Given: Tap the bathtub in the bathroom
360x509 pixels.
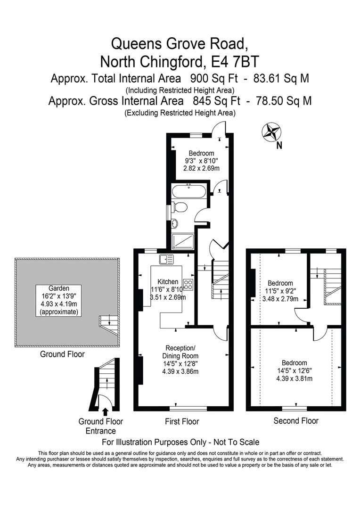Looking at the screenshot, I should tap(188, 192).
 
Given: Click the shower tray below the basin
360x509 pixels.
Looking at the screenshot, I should tap(183, 241).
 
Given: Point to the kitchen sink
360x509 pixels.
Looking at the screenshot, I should tap(166, 259).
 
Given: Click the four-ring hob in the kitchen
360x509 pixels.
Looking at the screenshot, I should tap(188, 284).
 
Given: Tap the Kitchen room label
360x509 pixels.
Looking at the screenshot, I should tap(168, 281).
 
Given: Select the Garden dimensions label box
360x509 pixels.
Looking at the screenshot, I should tap(59, 300).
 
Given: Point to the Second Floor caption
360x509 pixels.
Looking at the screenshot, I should tap(296, 421).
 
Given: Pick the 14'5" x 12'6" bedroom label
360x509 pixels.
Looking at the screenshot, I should tap(295, 370).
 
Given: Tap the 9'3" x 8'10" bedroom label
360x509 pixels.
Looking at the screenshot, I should tap(201, 161).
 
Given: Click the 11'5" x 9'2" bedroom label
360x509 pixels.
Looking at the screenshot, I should tap(280, 291).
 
